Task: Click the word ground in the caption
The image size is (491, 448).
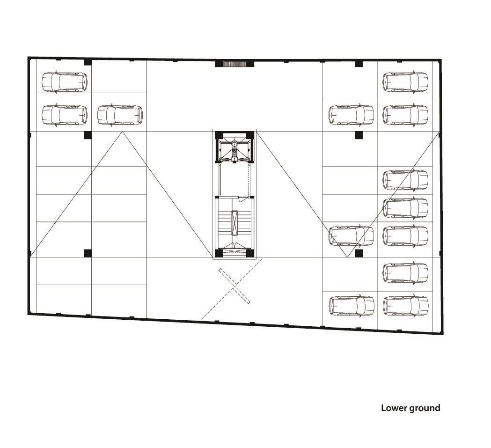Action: click(x=425, y=409)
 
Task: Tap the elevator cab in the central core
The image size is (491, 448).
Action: click(x=234, y=151)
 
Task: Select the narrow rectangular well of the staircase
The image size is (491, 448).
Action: click(x=234, y=223)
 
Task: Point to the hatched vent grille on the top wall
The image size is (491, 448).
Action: click(x=234, y=64)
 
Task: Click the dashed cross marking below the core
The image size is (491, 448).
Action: click(x=235, y=286)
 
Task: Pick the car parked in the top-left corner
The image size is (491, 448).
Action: click(x=65, y=82)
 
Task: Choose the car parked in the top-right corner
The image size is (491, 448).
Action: click(x=405, y=82)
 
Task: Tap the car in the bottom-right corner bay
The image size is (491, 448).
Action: click(x=405, y=305)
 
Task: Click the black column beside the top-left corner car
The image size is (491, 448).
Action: click(x=88, y=62)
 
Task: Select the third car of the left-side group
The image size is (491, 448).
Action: click(x=120, y=115)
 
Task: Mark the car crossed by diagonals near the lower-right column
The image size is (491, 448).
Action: click(x=351, y=235)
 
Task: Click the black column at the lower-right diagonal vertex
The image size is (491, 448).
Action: click(x=359, y=253)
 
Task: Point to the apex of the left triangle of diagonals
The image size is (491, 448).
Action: click(x=123, y=132)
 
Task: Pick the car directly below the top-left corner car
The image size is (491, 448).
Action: click(x=65, y=115)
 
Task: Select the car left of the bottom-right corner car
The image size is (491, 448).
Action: click(x=352, y=305)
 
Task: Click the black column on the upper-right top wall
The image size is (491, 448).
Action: click(x=359, y=64)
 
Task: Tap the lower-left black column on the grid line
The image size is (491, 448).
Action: click(x=88, y=253)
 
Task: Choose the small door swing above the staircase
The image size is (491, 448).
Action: click(x=242, y=199)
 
